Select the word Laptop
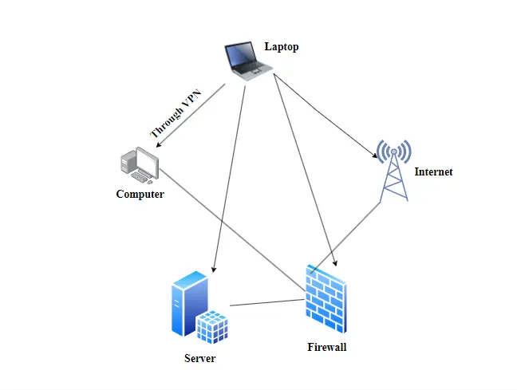[x=282, y=47]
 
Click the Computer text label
[x=140, y=194]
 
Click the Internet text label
[x=433, y=171]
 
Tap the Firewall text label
[x=327, y=347]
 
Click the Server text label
[x=199, y=359]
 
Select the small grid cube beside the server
[x=213, y=327]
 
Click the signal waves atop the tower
[x=394, y=150]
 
